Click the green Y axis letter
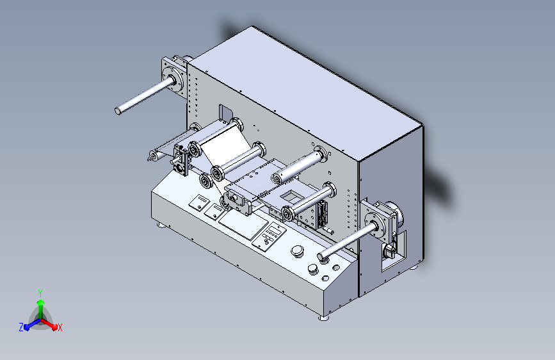[x=40, y=293]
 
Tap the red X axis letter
[x=60, y=328]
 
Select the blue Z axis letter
[x=21, y=327]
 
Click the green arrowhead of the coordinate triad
[x=41, y=302]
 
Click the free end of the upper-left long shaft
[x=118, y=111]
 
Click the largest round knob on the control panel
[x=297, y=250]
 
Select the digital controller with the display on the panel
[x=269, y=236]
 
